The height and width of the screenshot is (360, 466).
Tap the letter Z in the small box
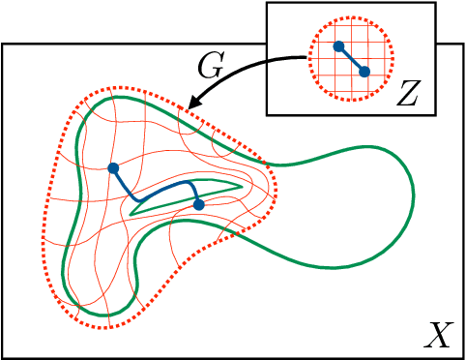(408, 93)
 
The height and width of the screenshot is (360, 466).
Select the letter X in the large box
(438, 336)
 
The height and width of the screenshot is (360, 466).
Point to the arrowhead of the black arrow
(194, 105)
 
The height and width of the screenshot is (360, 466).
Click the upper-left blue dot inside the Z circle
(338, 45)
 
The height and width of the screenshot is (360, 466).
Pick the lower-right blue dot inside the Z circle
(364, 71)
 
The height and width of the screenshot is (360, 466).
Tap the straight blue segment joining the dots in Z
(351, 58)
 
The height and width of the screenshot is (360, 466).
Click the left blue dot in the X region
(113, 167)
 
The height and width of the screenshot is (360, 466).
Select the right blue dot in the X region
(199, 204)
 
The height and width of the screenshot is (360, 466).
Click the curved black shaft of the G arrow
(251, 66)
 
